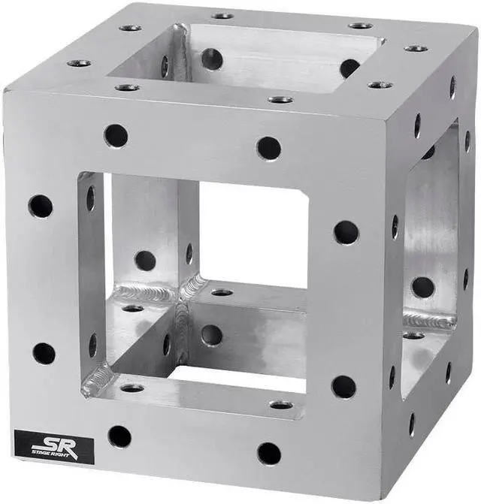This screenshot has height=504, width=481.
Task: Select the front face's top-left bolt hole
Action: tap(116, 136)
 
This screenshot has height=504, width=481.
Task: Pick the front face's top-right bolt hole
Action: tap(268, 147)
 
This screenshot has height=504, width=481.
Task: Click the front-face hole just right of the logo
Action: tap(119, 436)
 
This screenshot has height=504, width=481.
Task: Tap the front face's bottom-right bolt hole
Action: tap(268, 453)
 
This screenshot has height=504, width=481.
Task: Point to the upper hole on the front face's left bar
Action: tap(41, 206)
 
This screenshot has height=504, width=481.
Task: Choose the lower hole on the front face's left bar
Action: tap(44, 353)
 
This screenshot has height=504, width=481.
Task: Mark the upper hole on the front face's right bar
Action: tap(346, 232)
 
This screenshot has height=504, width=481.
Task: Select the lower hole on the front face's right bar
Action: tap(344, 387)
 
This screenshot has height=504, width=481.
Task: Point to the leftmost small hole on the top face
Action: tap(79, 63)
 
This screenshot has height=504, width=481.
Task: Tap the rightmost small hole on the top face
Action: tap(416, 48)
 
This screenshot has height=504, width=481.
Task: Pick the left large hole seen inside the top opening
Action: tap(212, 59)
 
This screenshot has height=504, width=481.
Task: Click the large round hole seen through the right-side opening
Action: tap(422, 287)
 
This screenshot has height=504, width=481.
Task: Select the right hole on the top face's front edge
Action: tap(280, 99)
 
